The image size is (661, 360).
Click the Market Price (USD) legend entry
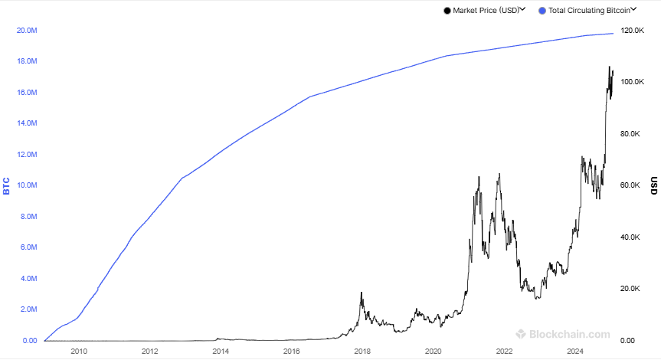point(486,11)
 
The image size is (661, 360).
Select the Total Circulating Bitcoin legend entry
point(589,11)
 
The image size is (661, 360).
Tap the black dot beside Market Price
point(447,11)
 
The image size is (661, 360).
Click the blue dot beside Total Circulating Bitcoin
point(542,11)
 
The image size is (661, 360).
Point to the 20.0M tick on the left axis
point(26,31)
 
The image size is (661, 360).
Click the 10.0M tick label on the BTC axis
point(26,185)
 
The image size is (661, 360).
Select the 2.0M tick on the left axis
point(28,309)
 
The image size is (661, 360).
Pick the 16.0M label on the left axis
point(26,93)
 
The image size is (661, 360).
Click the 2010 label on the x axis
point(78,352)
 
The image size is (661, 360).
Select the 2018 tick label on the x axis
point(362,352)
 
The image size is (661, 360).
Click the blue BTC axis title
point(7,185)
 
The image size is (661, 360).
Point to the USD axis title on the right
point(653,185)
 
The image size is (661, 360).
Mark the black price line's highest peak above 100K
point(610,67)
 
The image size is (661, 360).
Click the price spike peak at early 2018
point(361,293)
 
